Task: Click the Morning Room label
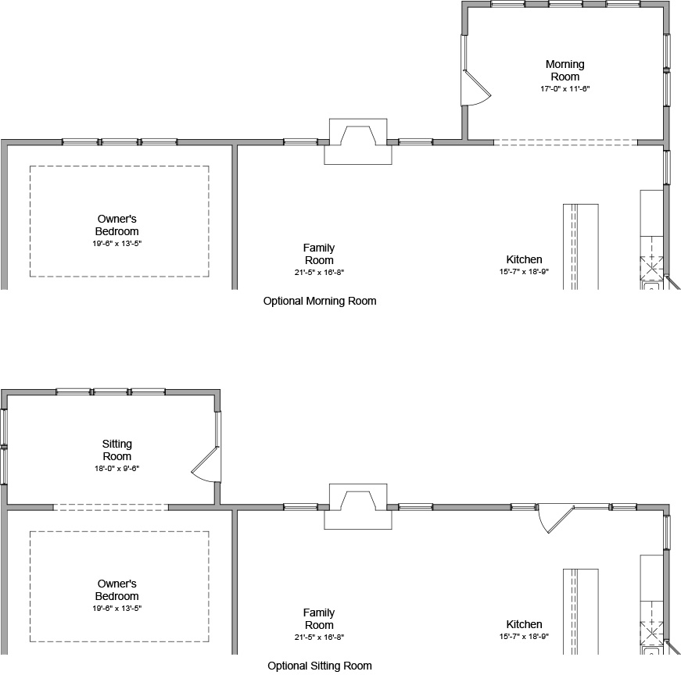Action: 565,70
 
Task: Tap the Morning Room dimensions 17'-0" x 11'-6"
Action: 565,88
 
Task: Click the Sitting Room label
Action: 117,450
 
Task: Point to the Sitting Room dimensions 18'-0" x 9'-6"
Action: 116,468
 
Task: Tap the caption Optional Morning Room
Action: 320,301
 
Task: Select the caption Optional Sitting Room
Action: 320,666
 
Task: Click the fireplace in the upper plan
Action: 359,141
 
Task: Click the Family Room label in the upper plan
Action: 318,254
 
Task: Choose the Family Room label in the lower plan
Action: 318,619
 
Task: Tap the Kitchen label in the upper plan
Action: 524,259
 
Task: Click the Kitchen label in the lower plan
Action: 524,624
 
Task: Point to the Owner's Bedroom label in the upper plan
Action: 117,225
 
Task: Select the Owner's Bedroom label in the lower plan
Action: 117,590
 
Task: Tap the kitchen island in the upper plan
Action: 580,246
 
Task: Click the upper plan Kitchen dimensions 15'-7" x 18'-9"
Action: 524,272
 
